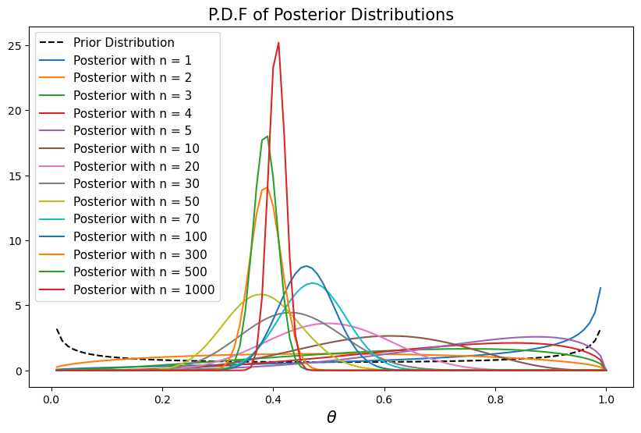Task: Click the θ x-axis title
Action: click(331, 417)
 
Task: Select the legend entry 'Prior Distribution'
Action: click(124, 42)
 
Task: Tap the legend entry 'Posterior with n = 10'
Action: click(136, 148)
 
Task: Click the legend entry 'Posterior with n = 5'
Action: click(133, 130)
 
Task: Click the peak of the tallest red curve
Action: click(278, 43)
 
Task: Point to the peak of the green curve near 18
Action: click(267, 137)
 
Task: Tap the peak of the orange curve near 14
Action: click(267, 187)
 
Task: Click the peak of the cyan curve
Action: click(312, 283)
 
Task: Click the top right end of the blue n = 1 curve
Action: click(600, 288)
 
